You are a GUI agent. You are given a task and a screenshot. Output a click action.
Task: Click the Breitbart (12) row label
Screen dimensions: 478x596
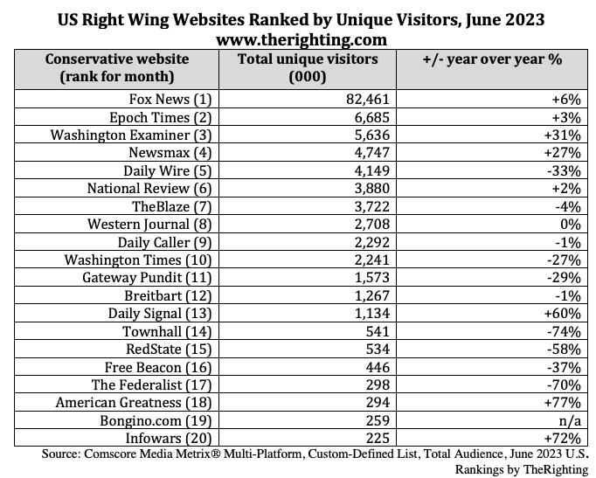(179, 295)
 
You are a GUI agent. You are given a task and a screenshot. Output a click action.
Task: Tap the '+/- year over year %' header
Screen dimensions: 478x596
(491, 60)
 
